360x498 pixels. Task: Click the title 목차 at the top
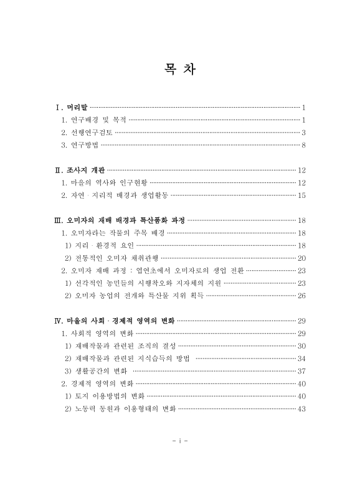pyautogui.click(x=180, y=69)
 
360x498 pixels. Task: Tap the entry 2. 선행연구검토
pyautogui.click(x=87, y=133)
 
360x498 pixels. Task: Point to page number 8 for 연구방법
pyautogui.click(x=303, y=146)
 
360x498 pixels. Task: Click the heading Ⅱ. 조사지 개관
pyautogui.click(x=80, y=170)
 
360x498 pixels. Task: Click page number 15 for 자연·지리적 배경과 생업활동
pyautogui.click(x=301, y=195)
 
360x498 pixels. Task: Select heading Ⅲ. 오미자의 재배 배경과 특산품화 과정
pyautogui.click(x=120, y=220)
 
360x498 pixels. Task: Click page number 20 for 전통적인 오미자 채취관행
pyautogui.click(x=301, y=258)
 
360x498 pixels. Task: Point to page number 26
pyautogui.click(x=301, y=296)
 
